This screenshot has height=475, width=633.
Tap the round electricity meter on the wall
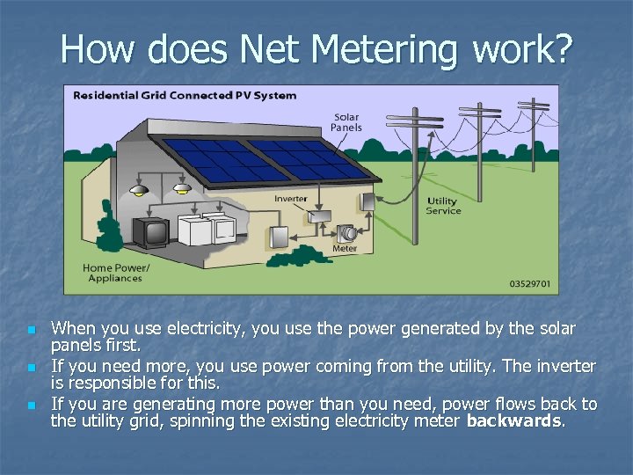[347, 234]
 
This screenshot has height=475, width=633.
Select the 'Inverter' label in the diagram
[291, 199]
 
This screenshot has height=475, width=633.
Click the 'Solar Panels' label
[346, 122]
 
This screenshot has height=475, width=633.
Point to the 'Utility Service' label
[443, 206]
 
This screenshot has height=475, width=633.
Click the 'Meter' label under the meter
[345, 249]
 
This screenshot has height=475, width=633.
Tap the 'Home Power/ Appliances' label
[116, 273]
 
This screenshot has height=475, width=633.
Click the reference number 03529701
[531, 284]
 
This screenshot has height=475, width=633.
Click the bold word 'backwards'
[514, 421]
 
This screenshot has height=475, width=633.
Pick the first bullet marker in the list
[32, 331]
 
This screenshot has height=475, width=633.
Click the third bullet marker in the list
[32, 406]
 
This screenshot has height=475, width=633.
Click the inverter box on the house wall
[318, 215]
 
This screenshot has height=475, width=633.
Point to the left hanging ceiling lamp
[138, 191]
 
